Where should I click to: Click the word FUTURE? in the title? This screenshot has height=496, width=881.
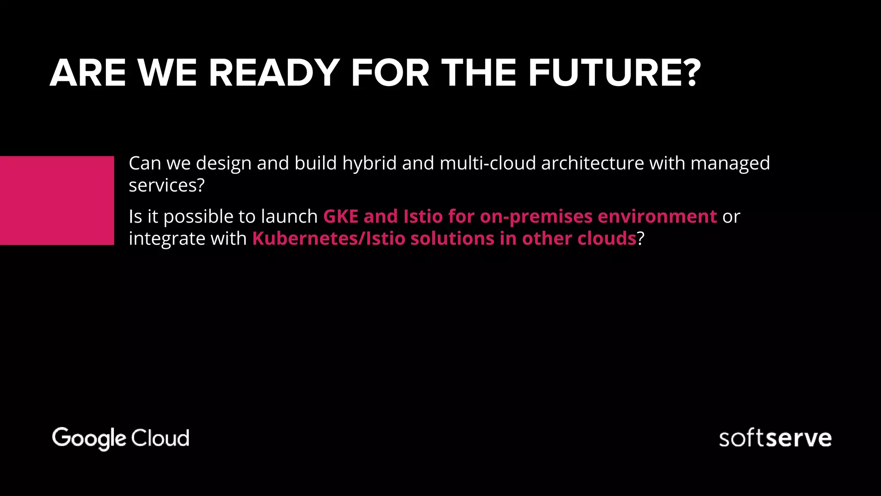pos(614,73)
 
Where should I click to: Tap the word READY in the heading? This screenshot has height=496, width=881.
pos(274,73)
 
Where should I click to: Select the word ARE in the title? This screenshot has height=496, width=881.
pos(88,73)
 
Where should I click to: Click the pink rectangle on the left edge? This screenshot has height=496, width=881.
pos(57,201)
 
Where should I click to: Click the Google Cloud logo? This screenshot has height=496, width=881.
pos(120,438)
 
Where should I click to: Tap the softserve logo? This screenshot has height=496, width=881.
pos(775,438)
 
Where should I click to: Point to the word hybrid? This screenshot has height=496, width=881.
pos(369,164)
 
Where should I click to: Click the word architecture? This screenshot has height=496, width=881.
pos(592,164)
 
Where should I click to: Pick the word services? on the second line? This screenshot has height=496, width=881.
pos(166,186)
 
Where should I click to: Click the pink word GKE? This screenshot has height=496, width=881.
pos(340,216)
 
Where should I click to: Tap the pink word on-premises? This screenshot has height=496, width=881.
pos(536,217)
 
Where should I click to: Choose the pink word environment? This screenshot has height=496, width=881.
pos(657,216)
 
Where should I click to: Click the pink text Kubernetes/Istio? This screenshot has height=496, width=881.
pos(329,239)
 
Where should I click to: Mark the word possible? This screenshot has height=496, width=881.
pos(198,217)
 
